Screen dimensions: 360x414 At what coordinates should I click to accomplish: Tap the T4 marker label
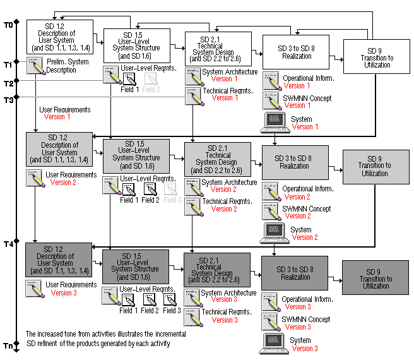(x=8, y=244)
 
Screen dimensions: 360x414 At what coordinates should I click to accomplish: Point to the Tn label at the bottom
(x=8, y=346)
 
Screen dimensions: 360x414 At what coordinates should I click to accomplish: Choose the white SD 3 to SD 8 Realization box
(x=295, y=52)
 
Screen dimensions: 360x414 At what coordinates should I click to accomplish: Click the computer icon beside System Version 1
(x=273, y=122)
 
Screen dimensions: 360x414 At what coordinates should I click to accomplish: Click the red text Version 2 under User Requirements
(x=63, y=183)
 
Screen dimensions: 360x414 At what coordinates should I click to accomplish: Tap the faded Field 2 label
(x=151, y=89)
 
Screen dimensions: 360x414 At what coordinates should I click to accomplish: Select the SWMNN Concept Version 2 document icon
(x=271, y=211)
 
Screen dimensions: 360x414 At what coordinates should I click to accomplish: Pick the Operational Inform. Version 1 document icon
(x=271, y=81)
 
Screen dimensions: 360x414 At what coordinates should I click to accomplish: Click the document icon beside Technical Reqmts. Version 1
(x=192, y=95)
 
